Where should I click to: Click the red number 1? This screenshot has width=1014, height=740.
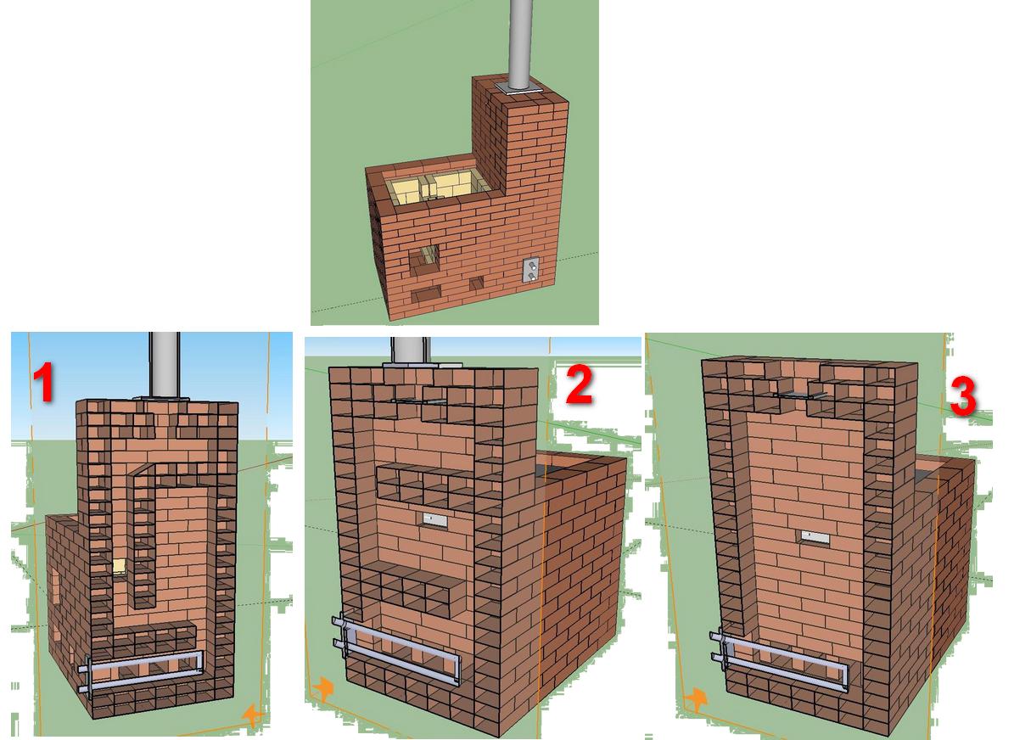(44, 382)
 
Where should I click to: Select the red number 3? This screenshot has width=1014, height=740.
(963, 396)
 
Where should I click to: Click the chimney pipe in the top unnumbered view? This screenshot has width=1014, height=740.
(521, 43)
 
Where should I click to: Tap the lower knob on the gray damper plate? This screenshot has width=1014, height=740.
(531, 276)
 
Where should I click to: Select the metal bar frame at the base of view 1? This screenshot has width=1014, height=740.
(141, 670)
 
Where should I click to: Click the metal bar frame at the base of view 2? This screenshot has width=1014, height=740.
(396, 650)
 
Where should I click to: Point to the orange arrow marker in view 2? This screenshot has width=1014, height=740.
(322, 688)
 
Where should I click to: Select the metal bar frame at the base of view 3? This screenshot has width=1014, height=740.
(779, 660)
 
